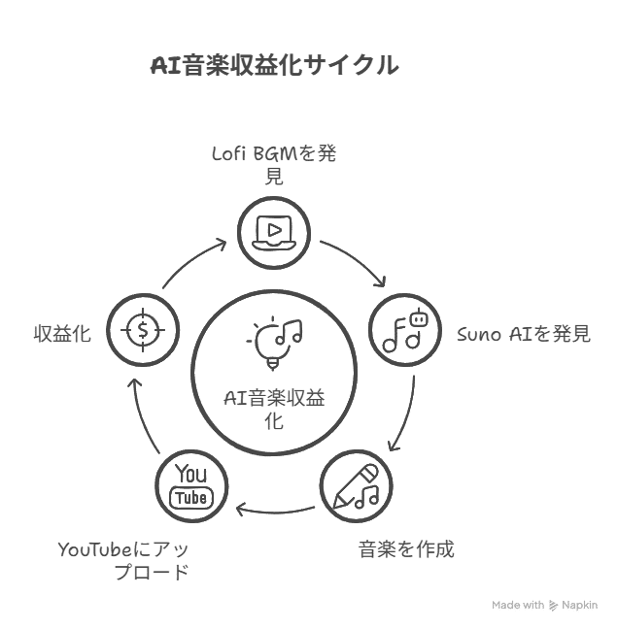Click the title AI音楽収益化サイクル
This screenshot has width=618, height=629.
(274, 66)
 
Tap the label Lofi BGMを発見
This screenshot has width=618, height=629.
(274, 164)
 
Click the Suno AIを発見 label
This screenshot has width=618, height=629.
(523, 335)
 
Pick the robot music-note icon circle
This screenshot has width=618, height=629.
(405, 329)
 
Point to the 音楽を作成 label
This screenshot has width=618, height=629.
(406, 549)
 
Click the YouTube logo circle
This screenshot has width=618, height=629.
(191, 485)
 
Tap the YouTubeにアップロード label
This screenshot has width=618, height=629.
(123, 561)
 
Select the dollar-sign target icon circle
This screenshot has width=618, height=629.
(143, 330)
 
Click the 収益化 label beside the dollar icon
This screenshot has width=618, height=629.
(62, 334)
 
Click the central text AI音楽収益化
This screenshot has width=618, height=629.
(274, 408)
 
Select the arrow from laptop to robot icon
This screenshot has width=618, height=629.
(356, 260)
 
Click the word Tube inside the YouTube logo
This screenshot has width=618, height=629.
(191, 498)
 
